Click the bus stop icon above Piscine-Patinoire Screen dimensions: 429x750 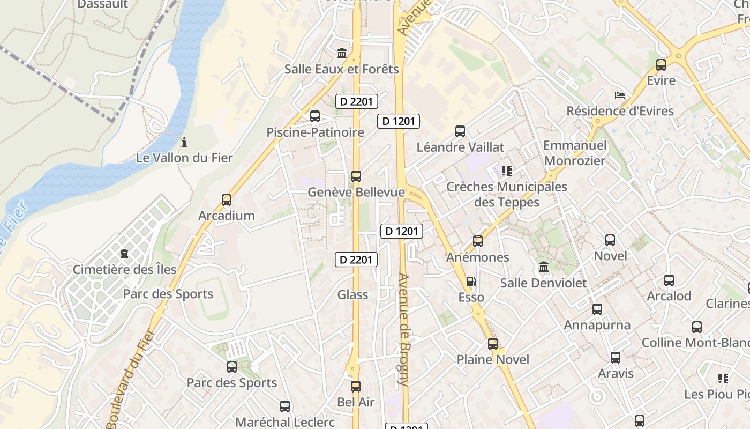coord(315,116)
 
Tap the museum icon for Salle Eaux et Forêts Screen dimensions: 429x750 coord(342,53)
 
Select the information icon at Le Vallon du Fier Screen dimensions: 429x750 coord(184,142)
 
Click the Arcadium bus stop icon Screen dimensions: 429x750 coord(227,200)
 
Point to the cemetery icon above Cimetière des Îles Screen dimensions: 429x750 coord(124,253)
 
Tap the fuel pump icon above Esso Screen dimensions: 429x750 coord(471,282)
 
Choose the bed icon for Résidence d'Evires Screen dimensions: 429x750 coord(620,96)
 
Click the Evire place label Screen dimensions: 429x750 coord(661,80)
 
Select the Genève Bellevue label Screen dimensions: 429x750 coord(356,192)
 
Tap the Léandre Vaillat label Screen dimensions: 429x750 coord(460,147)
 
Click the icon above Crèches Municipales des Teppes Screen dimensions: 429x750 coord(506,171)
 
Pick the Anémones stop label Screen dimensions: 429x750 coord(478,257)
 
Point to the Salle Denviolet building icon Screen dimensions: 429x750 coord(543,267)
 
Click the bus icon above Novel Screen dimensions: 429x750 coord(610,240)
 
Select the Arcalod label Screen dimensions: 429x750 coord(669,296)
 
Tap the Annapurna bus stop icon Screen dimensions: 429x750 coord(597,309)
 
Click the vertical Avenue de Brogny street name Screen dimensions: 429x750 coord(403,330)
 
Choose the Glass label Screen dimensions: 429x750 coord(352,294)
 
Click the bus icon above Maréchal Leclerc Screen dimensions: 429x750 coord(285,406)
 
